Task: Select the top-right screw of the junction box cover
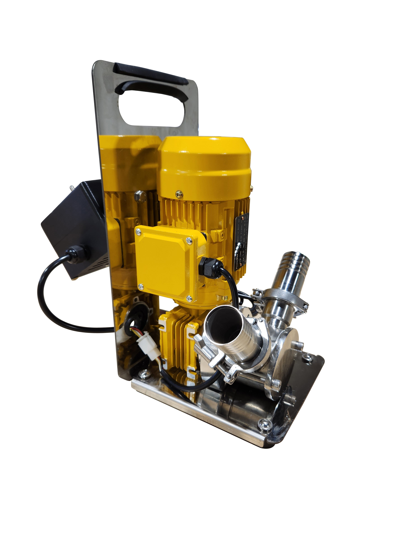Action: tap(189, 241)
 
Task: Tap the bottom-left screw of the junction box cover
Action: tap(141, 286)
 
